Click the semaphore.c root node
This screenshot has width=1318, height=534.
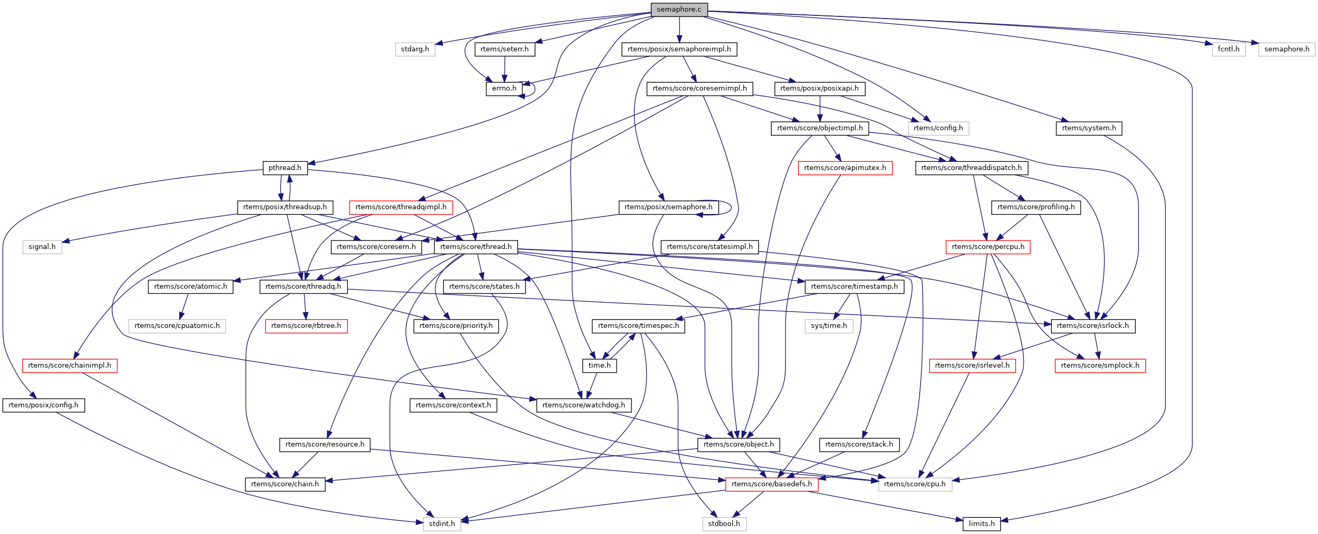pos(679,10)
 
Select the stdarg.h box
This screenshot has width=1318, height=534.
pos(415,49)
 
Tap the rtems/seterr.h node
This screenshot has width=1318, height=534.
pos(504,49)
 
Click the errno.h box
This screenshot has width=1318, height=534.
pos(504,88)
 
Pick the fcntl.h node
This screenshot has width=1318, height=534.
pos(1228,49)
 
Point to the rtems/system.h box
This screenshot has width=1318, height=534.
pos(1089,128)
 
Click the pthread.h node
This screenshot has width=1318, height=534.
pos(285,168)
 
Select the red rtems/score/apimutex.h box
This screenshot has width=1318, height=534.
pos(845,168)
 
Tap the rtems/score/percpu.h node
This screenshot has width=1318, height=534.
pos(988,247)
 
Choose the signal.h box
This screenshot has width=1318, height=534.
pos(42,247)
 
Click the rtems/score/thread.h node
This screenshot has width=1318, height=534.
pos(476,247)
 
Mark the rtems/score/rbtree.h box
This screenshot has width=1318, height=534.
pos(306,326)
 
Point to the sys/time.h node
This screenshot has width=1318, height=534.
pos(829,326)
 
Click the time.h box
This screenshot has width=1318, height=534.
pos(599,366)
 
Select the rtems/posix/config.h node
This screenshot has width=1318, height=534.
pos(43,405)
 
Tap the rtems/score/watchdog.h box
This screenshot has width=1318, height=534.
pos(584,405)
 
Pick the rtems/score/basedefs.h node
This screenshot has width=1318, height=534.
pos(771,484)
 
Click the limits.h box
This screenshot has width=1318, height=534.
pos(982,524)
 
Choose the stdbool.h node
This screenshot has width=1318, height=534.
pos(724,524)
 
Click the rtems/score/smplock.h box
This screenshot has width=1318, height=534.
pos(1100,366)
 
